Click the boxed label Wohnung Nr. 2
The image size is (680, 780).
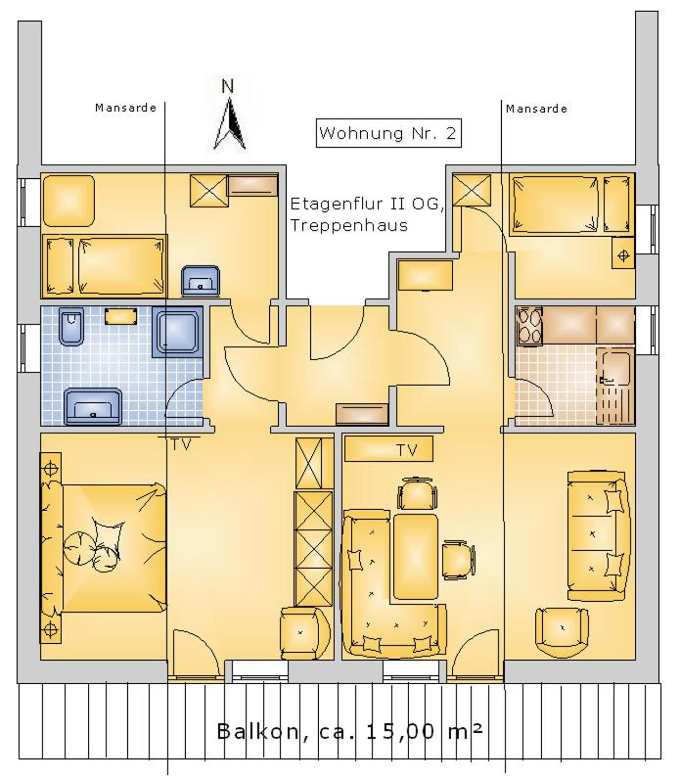(388, 133)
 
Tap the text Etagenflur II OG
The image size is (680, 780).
(367, 204)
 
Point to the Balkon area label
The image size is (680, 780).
(349, 731)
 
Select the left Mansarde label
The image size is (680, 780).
(125, 108)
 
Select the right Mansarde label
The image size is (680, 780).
(536, 109)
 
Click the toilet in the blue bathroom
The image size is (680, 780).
(71, 326)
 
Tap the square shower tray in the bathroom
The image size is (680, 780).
(178, 331)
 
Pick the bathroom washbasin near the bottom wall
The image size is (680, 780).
(93, 406)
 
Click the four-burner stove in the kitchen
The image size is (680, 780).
(529, 326)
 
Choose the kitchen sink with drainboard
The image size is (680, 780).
(615, 386)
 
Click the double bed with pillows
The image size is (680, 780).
(104, 548)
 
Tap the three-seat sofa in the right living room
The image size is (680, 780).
(598, 535)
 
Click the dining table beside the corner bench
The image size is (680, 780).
(416, 557)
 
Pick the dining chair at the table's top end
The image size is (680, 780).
(418, 493)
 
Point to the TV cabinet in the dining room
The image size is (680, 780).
(388, 448)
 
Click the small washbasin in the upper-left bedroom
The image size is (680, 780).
(201, 281)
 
